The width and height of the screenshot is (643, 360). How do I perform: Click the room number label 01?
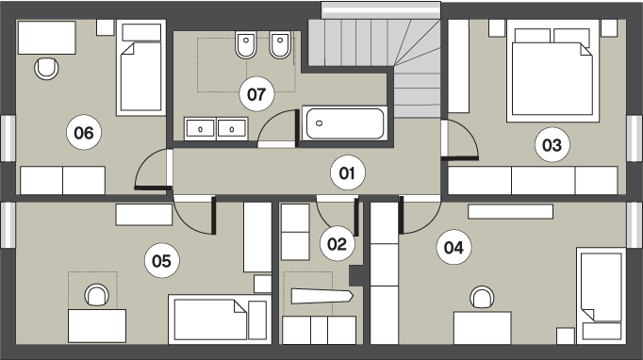347,173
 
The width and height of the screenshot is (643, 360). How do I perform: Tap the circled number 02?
337,244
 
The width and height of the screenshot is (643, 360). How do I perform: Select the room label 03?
552,145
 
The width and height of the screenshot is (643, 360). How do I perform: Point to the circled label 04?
453,247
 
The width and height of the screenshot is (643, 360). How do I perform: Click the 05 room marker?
161,261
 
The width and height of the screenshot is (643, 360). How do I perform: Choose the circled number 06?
84,133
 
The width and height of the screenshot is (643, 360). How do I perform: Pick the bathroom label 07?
256,94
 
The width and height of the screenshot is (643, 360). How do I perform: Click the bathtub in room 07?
345,123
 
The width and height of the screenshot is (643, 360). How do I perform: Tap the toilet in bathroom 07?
246,44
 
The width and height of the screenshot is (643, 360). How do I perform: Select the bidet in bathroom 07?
281,44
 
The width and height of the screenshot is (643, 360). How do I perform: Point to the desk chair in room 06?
46,69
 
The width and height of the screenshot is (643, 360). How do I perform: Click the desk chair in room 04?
482,298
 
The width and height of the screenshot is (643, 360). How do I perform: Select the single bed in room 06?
141,68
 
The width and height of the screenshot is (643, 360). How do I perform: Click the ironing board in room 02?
321,297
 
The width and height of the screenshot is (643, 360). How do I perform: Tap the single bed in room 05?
220,319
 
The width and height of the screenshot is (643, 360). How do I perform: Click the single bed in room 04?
602,296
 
